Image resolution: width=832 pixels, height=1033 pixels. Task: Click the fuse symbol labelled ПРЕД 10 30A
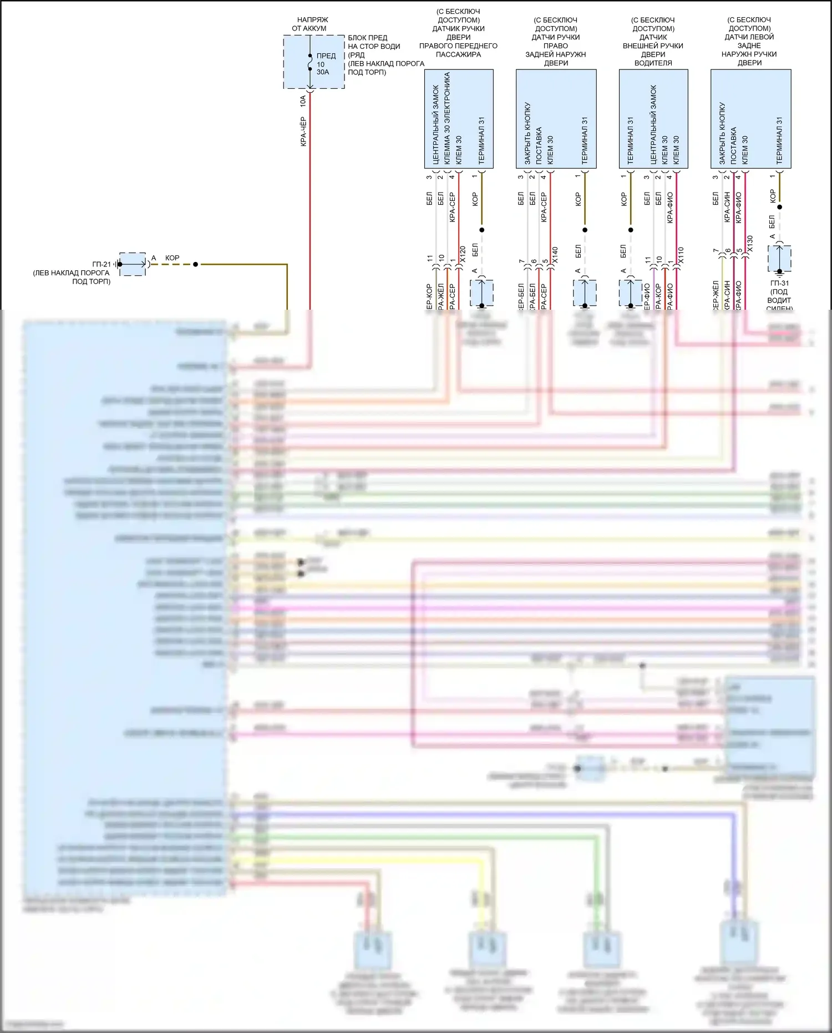[x=310, y=62]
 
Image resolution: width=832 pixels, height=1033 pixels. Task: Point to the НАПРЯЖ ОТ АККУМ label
[x=310, y=24]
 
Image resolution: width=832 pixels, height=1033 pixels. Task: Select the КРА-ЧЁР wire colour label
[x=303, y=132]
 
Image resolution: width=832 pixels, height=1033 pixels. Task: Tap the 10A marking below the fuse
[x=303, y=101]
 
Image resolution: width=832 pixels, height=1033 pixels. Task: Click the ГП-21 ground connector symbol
[x=133, y=264]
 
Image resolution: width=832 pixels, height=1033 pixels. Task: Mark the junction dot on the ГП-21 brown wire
[x=195, y=264]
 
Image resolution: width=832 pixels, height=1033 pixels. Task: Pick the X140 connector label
[x=555, y=255]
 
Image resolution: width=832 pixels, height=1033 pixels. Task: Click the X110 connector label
[x=681, y=255]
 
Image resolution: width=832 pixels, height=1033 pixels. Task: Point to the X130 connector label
[x=750, y=244]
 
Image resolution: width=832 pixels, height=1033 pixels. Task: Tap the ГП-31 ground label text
[x=779, y=283]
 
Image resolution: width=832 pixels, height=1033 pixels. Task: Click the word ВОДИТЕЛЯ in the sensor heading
[x=653, y=63]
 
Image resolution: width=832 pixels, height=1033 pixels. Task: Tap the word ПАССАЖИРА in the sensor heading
[x=458, y=54]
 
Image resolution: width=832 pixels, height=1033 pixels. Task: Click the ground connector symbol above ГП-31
[x=779, y=259]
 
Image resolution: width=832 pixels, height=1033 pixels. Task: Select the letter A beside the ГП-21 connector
[x=154, y=258]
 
